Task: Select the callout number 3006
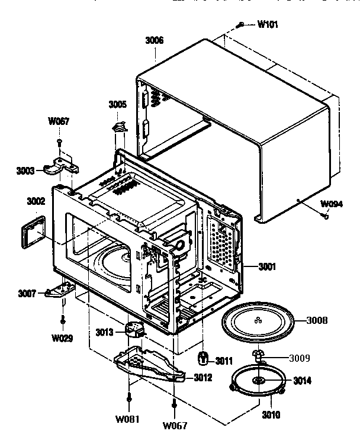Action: click(155, 41)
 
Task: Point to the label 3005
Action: click(117, 104)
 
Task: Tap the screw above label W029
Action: click(63, 320)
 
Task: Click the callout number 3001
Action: click(266, 267)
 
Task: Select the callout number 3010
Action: click(271, 415)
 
